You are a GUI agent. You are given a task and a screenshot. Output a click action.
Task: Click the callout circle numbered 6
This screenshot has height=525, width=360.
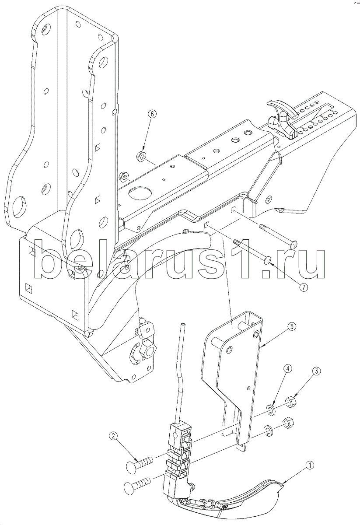(152, 114)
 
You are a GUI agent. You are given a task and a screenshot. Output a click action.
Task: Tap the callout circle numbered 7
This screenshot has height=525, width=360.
(304, 287)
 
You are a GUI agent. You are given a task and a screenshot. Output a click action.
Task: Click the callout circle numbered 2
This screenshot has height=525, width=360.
(114, 436)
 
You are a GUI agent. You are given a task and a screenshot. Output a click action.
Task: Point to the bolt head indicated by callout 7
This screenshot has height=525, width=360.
(268, 260)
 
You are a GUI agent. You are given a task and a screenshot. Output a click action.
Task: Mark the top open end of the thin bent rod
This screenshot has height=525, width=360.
(183, 325)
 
